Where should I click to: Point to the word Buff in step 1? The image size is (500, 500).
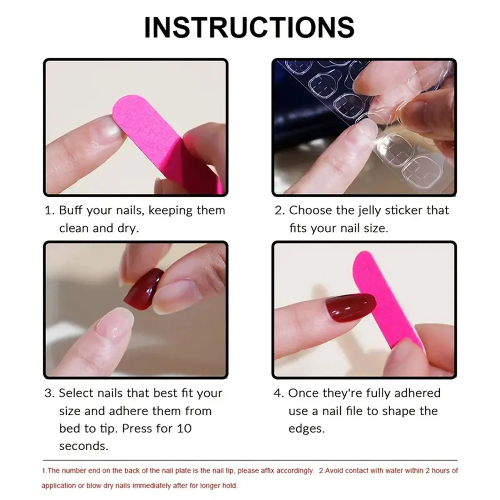71,210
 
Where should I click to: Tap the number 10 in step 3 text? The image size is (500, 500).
184,428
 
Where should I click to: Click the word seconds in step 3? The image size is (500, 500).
83,446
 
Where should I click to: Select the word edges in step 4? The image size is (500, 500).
306,429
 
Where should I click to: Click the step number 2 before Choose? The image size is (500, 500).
279,210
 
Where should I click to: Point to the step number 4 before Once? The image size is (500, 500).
278,393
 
